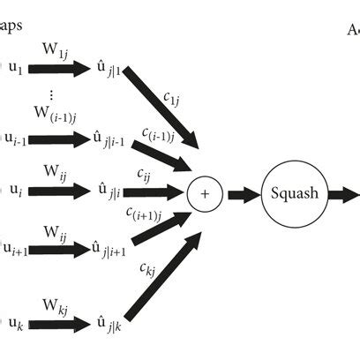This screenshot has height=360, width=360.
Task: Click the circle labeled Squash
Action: click(x=295, y=193)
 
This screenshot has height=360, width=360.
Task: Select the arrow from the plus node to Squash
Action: click(x=242, y=193)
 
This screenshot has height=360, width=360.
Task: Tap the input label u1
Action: click(x=17, y=66)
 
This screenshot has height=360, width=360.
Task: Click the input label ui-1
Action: click(x=19, y=139)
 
